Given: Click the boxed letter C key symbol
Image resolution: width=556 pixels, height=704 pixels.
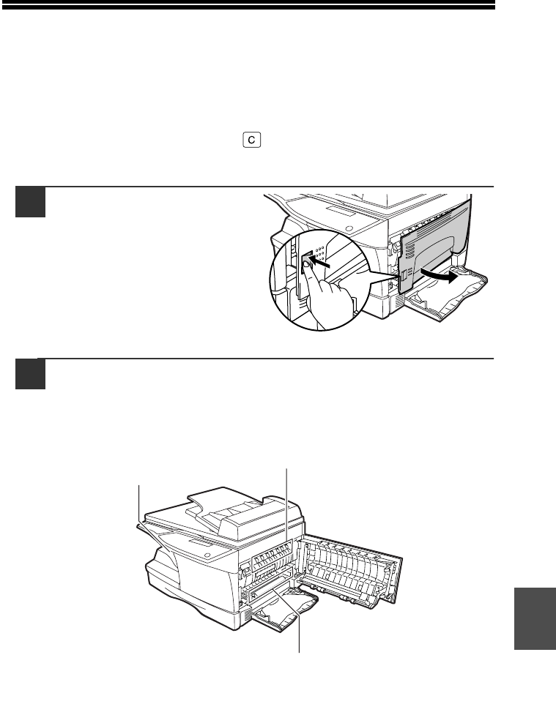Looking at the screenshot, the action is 252,140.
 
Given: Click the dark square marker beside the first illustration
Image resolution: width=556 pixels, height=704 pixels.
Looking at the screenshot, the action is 31,202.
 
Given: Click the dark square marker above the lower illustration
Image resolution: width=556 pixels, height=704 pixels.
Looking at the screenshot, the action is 31,374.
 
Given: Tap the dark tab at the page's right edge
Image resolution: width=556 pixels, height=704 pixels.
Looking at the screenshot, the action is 535,618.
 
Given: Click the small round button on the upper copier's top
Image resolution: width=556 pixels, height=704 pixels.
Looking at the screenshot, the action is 349,228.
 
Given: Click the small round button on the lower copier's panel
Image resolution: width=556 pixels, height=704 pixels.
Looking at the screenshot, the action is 207,555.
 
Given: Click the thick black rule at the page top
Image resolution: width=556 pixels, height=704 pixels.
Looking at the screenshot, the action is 248,5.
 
